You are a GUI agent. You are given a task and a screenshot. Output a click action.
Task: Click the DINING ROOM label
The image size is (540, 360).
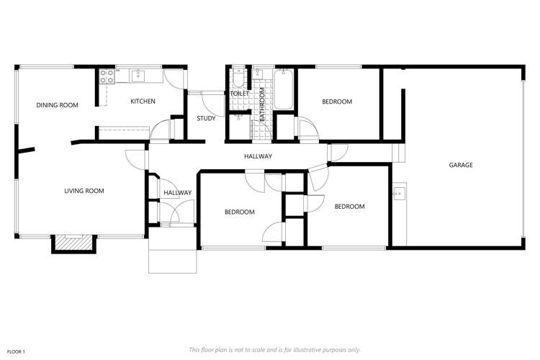[x=57, y=105]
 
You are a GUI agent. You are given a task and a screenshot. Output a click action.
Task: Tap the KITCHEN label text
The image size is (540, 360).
[x=143, y=102]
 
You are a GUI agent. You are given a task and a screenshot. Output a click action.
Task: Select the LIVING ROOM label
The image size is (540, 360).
[x=84, y=191]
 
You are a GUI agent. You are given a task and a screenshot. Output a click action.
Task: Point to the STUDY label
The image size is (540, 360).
[x=207, y=119]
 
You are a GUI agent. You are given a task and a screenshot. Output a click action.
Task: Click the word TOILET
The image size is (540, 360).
[x=240, y=94]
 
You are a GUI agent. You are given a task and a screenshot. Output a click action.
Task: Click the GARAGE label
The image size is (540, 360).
[x=461, y=165]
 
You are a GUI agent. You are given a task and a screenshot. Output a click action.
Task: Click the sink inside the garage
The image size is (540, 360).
[x=400, y=193]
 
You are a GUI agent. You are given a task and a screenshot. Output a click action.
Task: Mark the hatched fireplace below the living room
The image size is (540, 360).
[x=72, y=243]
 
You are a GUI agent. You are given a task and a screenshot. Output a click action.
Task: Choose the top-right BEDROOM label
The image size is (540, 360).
[x=337, y=102]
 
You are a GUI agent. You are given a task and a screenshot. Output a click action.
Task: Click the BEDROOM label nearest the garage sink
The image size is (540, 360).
[x=349, y=207]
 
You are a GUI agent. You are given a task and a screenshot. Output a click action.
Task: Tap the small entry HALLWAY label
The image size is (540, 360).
[x=177, y=192]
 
